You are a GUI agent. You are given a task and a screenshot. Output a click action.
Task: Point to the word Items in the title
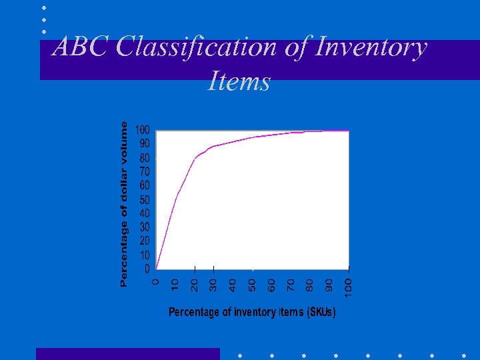239,81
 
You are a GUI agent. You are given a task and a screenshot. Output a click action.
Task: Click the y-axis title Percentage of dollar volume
124,204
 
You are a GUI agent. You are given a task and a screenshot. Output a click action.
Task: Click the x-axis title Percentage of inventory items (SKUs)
252,312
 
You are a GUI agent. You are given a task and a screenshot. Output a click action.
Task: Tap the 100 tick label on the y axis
143,130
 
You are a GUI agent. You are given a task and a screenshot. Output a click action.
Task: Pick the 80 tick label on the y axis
145,158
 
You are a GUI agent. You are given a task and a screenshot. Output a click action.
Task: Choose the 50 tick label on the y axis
145,199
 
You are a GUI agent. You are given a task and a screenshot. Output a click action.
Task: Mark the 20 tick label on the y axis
145,241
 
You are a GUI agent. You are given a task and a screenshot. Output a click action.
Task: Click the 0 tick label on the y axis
147,269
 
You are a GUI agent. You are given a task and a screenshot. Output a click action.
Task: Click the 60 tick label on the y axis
145,185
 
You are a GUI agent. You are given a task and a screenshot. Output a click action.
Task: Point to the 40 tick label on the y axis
145,213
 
